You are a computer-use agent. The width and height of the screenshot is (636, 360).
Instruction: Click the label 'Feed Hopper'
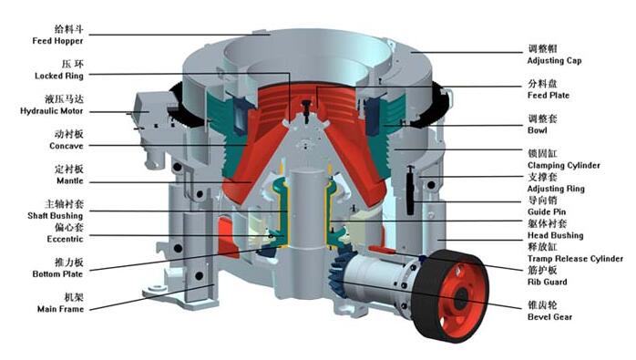click(57, 41)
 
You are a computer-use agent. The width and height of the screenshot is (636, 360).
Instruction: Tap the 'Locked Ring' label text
click(59, 76)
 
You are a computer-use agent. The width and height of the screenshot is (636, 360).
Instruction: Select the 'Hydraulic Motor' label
click(52, 111)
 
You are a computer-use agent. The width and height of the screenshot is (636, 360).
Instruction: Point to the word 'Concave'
click(67, 146)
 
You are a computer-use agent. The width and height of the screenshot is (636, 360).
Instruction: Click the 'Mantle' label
click(70, 180)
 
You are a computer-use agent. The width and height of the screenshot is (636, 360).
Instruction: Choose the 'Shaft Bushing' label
click(56, 215)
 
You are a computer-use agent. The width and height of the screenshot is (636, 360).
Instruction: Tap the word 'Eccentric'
click(65, 239)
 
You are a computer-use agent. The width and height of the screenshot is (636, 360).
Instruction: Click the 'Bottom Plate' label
click(57, 274)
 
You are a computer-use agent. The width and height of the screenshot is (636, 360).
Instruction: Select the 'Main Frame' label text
click(60, 309)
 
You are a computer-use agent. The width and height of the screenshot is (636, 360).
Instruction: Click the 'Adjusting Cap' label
click(554, 61)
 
